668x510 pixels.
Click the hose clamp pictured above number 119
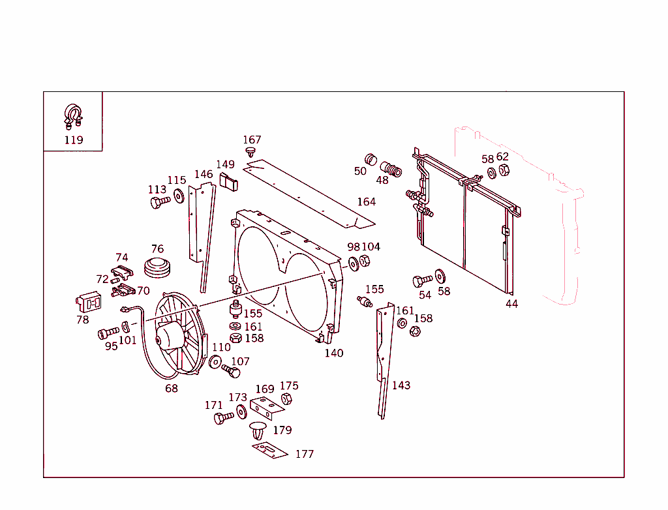point(72,116)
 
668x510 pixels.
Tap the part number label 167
point(252,140)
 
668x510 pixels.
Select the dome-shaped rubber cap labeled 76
point(157,267)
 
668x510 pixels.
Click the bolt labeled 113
point(159,202)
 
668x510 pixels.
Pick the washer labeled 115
point(178,195)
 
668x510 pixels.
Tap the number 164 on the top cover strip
point(366,202)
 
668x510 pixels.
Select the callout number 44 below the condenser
point(511,303)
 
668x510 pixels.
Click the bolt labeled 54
point(422,280)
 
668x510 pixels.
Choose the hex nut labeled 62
point(504,171)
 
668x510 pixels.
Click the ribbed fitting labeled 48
point(391,168)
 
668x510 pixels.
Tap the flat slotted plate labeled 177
point(270,450)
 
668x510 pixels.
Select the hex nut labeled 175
point(286,398)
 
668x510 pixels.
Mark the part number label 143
point(401,385)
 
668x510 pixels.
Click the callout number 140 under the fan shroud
point(334,353)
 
